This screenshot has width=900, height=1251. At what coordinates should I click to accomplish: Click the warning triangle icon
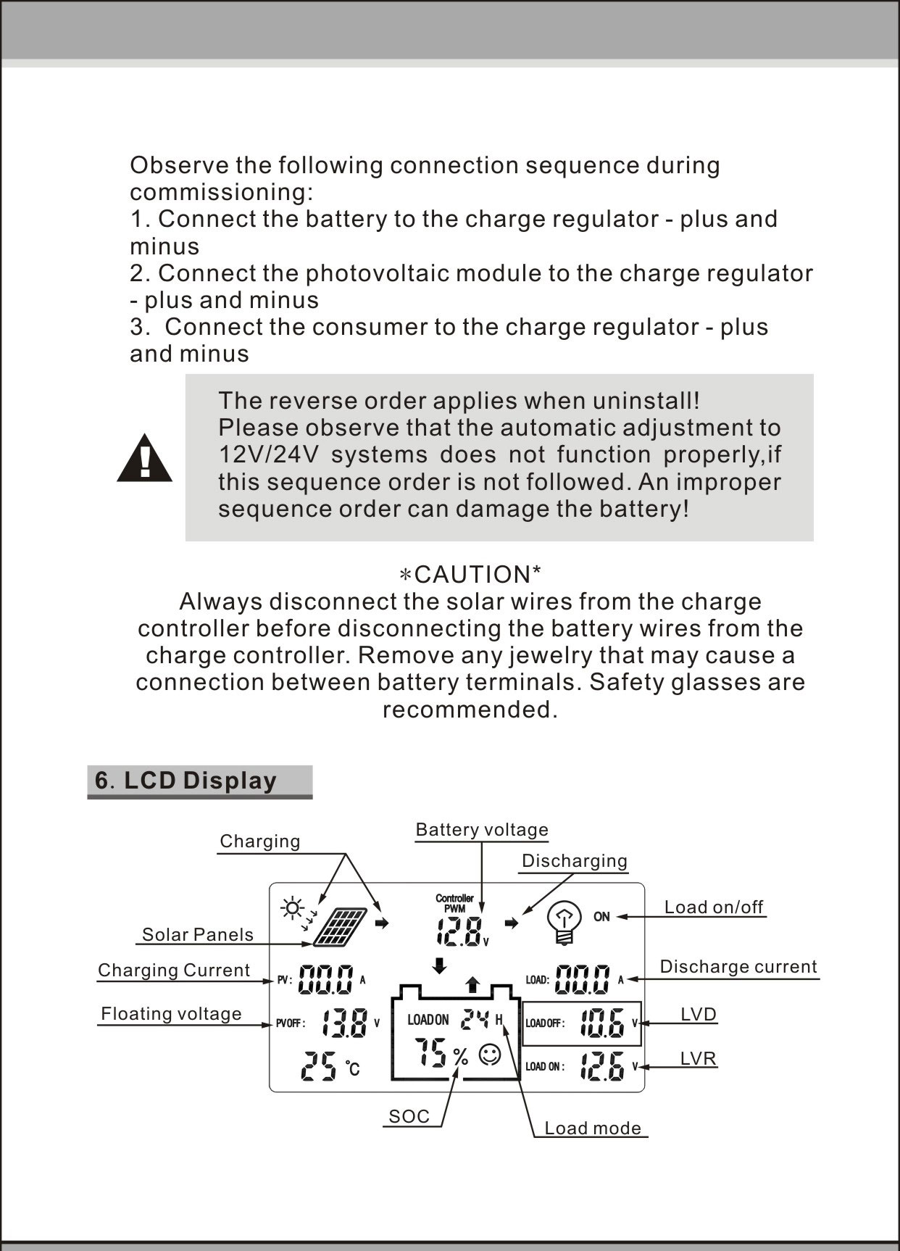[x=145, y=458]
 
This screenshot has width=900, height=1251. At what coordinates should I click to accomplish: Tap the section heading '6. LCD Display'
[x=186, y=781]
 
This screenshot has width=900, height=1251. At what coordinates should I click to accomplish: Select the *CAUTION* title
[x=471, y=574]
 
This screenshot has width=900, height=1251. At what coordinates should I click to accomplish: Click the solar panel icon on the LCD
[x=341, y=927]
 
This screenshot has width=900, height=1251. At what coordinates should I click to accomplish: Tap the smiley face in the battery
[x=490, y=1055]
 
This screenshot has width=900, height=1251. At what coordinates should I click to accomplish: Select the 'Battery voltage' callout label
[x=482, y=830]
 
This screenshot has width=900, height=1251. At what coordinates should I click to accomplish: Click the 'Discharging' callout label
[x=575, y=861]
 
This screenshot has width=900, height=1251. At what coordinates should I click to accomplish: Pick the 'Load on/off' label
[x=714, y=907]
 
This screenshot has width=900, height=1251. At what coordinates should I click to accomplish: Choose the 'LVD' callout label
[x=699, y=1014]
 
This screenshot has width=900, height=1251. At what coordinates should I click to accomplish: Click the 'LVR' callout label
[x=699, y=1059]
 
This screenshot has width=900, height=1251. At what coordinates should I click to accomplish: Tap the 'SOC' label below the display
[x=409, y=1117]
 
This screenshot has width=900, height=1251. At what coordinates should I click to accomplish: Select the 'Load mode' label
[x=593, y=1129]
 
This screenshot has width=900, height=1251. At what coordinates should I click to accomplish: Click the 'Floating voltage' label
[x=171, y=1014]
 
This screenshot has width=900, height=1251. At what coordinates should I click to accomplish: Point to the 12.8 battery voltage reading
[x=459, y=932]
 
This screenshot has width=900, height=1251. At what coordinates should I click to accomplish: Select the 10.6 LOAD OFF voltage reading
[x=602, y=1023]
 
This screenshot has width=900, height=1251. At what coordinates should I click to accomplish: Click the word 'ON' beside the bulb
[x=601, y=917]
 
